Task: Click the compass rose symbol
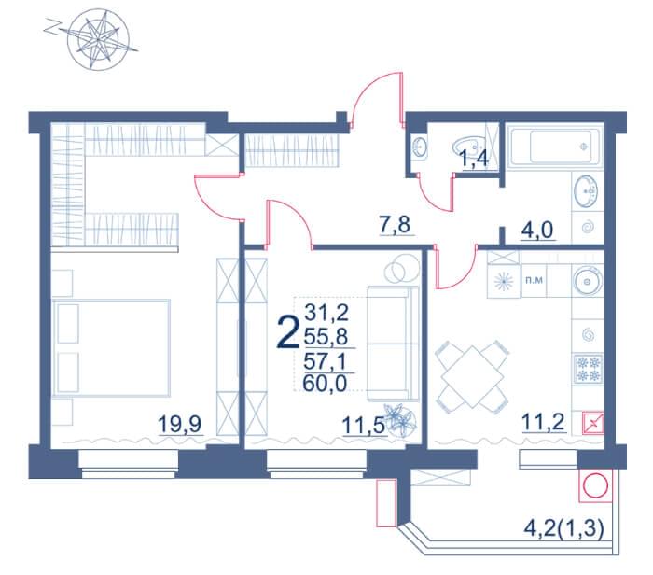click(98, 40)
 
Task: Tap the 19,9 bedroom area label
click(180, 424)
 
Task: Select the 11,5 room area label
click(363, 426)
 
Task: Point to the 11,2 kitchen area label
click(543, 423)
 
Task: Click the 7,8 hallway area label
click(395, 225)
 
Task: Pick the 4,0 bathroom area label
click(536, 230)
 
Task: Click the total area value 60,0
click(325, 384)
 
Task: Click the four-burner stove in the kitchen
click(588, 369)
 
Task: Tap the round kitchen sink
click(587, 281)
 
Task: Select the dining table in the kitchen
click(472, 377)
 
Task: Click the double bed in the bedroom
click(112, 347)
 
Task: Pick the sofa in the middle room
click(393, 344)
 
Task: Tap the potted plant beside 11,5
click(399, 418)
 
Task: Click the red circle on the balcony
click(596, 485)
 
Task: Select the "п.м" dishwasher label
click(534, 280)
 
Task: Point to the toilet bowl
click(469, 147)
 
